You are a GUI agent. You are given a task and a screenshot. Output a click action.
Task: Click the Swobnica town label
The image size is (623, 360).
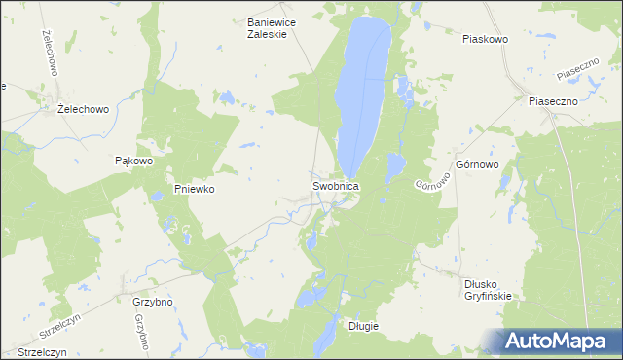pos(336,185)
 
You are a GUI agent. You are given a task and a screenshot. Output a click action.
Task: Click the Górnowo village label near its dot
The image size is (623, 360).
pos(476,165)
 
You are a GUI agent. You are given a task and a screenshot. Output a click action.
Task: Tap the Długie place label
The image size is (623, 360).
pos(363,326)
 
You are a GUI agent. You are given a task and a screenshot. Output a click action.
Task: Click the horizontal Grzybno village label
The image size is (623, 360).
pos(152,302)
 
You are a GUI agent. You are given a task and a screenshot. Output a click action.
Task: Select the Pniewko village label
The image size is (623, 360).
pos(194,190)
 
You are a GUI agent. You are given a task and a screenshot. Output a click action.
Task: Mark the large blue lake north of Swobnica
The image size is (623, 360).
pos(361,92)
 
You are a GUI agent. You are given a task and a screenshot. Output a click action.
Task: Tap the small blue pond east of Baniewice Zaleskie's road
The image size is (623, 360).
pos(225,97)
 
